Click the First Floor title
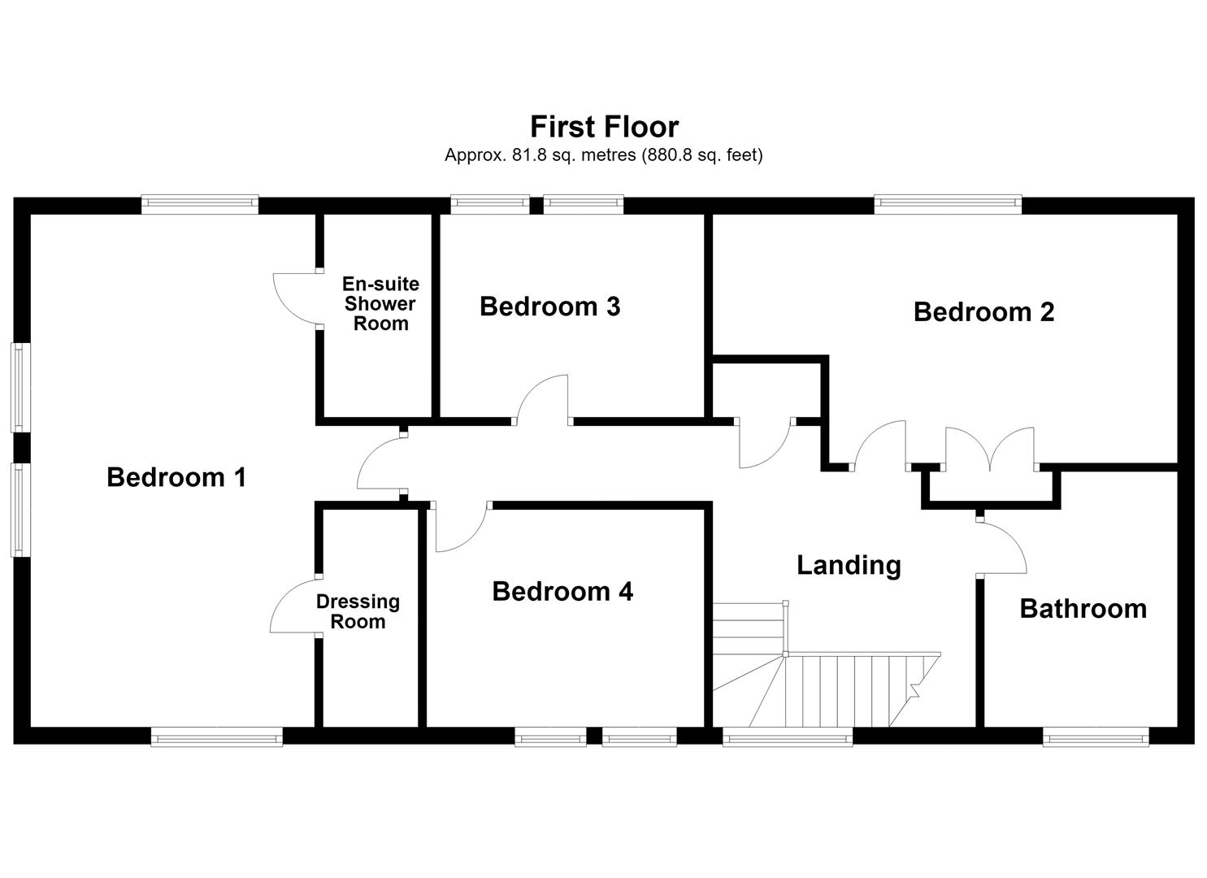pyautogui.click(x=604, y=127)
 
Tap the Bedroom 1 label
pyautogui.click(x=176, y=477)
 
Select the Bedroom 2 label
pyautogui.click(x=983, y=312)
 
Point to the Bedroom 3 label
pyautogui.click(x=549, y=306)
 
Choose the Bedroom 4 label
pyautogui.click(x=562, y=591)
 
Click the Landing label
pyautogui.click(x=849, y=565)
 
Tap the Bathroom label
pyautogui.click(x=1083, y=609)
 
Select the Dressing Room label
pyautogui.click(x=358, y=611)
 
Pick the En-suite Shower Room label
pyautogui.click(x=380, y=303)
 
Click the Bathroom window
pyautogui.click(x=1096, y=737)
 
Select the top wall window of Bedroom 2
pyautogui.click(x=948, y=204)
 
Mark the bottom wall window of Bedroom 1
pyautogui.click(x=217, y=737)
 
